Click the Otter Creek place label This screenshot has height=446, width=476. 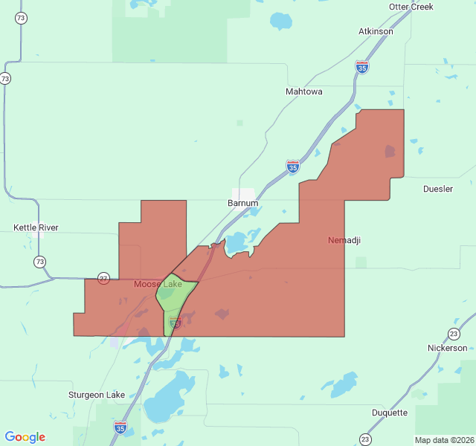[x=411, y=7]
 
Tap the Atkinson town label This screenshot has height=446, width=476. [x=376, y=31]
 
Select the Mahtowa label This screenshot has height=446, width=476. [x=304, y=91]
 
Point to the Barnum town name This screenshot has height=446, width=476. [x=243, y=203]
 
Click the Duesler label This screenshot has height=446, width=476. [x=438, y=189]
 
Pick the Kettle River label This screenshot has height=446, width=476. [x=36, y=227]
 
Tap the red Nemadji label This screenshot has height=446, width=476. [x=344, y=240]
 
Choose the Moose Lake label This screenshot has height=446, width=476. [x=158, y=284]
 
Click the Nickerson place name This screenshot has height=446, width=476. [x=448, y=348]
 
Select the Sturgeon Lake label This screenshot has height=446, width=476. [x=97, y=395]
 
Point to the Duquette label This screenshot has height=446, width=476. [x=390, y=413]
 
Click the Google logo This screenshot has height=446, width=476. [x=25, y=437]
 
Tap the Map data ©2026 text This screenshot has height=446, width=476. [x=443, y=440]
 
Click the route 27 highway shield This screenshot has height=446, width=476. [x=103, y=279]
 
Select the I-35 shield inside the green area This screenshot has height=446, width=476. [x=176, y=322]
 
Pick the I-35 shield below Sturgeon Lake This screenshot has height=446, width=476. [x=120, y=427]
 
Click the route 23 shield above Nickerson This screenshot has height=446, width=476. [x=454, y=334]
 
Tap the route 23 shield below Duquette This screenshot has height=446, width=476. [x=364, y=439]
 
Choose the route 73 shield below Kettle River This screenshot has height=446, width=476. [x=39, y=262]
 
